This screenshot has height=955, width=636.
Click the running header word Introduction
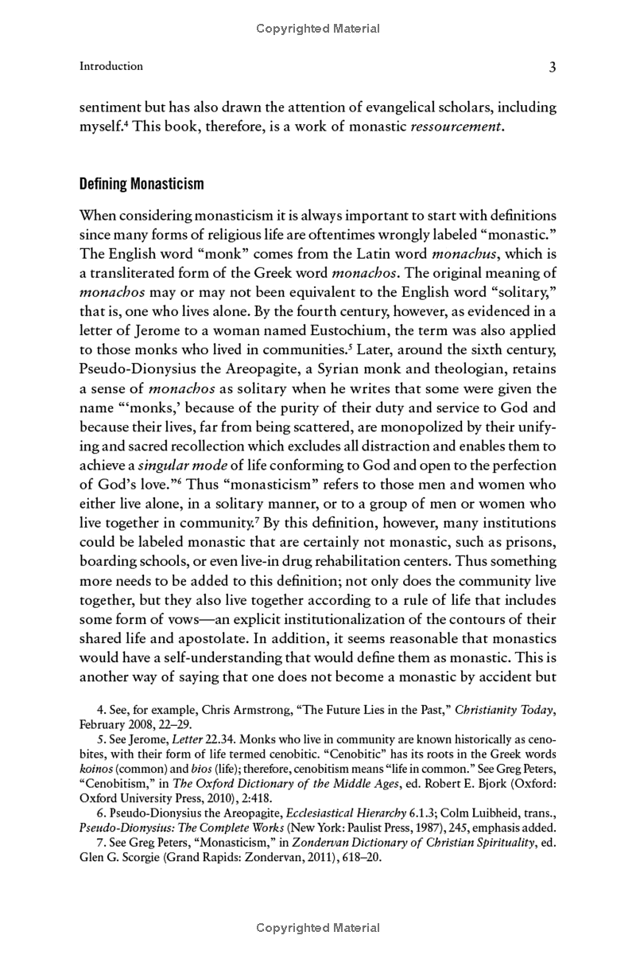click(x=111, y=66)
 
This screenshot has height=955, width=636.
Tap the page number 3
click(x=552, y=68)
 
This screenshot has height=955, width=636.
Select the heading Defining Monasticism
click(x=142, y=184)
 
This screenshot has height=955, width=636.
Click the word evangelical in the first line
click(x=411, y=107)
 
